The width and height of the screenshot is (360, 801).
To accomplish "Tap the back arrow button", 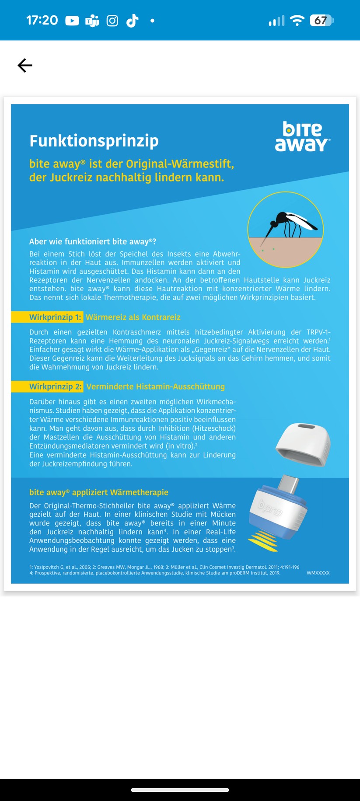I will [x=25, y=66].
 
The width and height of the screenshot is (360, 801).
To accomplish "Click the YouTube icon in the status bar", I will [x=72, y=21].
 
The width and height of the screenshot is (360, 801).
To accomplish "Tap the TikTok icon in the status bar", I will [x=132, y=21].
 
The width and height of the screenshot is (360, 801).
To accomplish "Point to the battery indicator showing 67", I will [x=322, y=21].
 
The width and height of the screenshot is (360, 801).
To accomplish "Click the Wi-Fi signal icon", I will [x=297, y=21].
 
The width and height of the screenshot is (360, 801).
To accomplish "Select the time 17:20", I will [x=42, y=21].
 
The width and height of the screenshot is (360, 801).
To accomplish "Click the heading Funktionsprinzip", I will [x=94, y=141].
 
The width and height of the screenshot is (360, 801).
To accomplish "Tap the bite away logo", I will [x=302, y=137].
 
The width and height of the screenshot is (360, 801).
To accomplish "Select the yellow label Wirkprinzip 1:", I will [x=56, y=317].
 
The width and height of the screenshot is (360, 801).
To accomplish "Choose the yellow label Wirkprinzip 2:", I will [x=56, y=387].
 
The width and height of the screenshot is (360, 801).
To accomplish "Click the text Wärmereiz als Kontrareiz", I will [x=133, y=317].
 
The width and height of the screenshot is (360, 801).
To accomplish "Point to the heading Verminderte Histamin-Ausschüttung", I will [x=155, y=387].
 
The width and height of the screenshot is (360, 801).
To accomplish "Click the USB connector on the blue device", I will [x=289, y=484].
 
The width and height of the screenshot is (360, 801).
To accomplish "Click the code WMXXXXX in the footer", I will [x=318, y=573].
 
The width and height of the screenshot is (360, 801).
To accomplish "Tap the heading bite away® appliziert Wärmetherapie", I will [x=99, y=492].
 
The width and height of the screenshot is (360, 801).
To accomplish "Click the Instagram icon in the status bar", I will [x=112, y=21].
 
